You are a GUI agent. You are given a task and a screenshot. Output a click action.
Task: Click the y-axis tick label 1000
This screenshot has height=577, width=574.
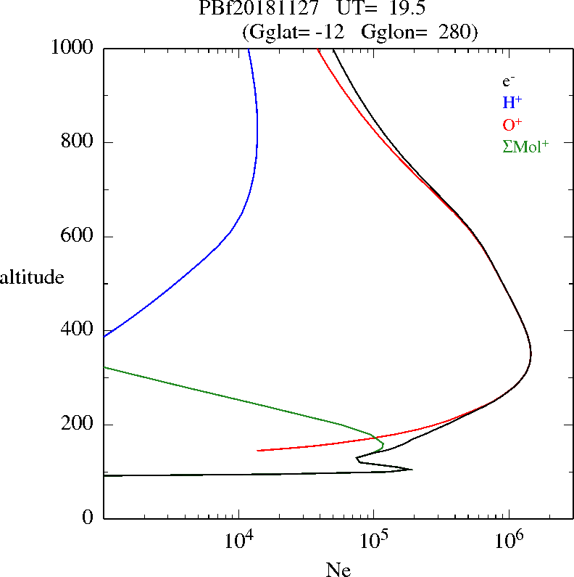[72, 48]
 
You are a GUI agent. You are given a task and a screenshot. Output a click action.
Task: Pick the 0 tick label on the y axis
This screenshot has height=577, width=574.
[88, 518]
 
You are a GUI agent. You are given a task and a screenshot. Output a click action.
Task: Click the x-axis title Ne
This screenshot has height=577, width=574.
[338, 570]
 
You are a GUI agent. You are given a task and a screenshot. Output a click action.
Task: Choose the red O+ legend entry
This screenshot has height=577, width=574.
[512, 124]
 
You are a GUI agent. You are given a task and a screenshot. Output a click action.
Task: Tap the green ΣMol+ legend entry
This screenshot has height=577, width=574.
[525, 146]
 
